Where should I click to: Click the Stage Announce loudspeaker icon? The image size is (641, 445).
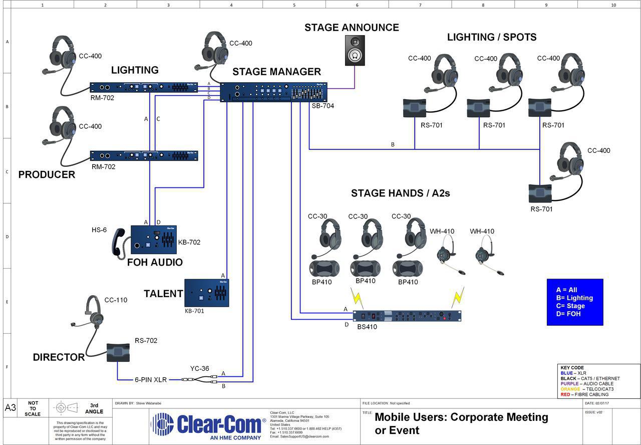click(x=355, y=50)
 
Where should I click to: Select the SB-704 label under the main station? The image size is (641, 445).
click(x=323, y=106)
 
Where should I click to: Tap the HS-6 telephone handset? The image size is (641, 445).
click(x=119, y=243)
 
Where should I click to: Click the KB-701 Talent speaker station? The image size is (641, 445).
click(x=207, y=293)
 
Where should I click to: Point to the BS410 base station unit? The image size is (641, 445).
click(x=407, y=316)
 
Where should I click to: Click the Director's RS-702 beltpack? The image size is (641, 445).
click(x=118, y=353)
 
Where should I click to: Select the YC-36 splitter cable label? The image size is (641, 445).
click(x=199, y=369)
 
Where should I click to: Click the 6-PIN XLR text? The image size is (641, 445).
click(x=150, y=380)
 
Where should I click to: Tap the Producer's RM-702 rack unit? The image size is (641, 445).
click(x=144, y=156)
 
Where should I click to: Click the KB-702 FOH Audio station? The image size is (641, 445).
click(x=154, y=240)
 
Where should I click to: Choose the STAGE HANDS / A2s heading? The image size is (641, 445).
click(x=400, y=193)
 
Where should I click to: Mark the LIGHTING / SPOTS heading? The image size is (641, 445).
click(x=491, y=37)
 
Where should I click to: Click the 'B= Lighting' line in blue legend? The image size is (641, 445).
click(x=574, y=298)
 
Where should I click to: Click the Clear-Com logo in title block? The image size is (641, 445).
click(x=208, y=425)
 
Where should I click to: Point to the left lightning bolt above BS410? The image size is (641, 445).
click(x=357, y=298)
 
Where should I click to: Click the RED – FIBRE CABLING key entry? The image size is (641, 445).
click(x=584, y=394)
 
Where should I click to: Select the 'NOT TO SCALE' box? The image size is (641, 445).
click(x=33, y=408)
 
